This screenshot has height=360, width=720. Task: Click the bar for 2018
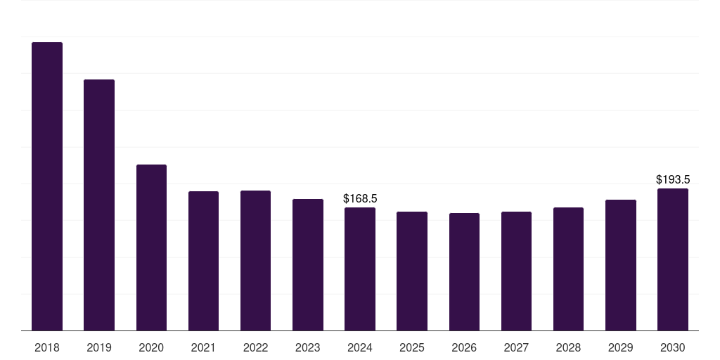click(x=47, y=186)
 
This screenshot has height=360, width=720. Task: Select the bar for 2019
click(x=99, y=205)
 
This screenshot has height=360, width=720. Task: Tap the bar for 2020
click(x=151, y=247)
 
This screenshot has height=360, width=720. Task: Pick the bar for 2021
click(x=203, y=261)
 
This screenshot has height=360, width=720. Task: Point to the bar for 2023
click(x=308, y=264)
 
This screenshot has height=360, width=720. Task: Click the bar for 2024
click(x=360, y=269)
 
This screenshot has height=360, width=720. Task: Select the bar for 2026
click(x=464, y=271)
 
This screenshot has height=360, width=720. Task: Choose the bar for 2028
click(x=568, y=269)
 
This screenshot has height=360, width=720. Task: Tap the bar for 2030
click(x=673, y=259)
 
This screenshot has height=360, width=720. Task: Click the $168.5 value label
click(x=360, y=199)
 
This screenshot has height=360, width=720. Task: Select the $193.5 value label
click(x=673, y=180)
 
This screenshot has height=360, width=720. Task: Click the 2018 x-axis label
click(x=47, y=348)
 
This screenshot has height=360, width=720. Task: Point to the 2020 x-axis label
click(x=151, y=348)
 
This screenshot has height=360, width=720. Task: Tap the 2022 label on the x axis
click(x=255, y=348)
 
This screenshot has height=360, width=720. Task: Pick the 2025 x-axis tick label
click(x=412, y=348)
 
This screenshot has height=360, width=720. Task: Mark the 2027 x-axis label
click(x=516, y=348)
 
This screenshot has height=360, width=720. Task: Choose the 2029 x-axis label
click(x=621, y=348)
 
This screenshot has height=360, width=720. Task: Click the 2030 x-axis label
click(x=673, y=348)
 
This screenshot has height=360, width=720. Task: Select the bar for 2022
click(x=255, y=260)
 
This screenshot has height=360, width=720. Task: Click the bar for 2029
click(x=621, y=265)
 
